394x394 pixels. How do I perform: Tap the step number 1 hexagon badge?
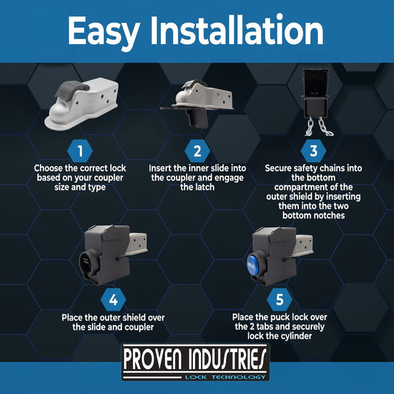click(x=80, y=151)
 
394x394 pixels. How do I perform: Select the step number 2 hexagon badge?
click(x=197, y=151)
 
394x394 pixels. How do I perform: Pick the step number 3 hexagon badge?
click(x=313, y=151)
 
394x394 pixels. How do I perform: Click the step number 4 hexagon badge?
click(x=113, y=300)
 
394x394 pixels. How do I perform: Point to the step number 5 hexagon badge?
click(x=280, y=300)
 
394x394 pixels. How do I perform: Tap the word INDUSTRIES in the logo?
click(x=229, y=359)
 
